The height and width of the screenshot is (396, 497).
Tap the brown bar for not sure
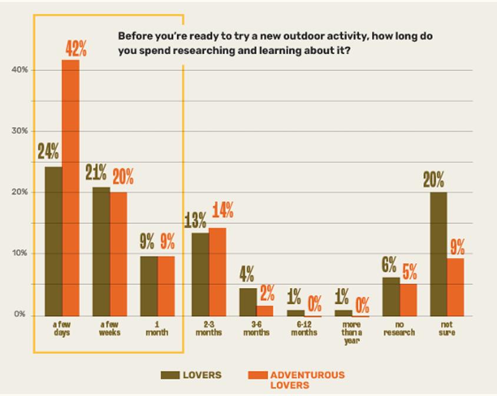(439, 253)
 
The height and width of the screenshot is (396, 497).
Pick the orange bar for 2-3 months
(218, 271)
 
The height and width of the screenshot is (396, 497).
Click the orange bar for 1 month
(166, 286)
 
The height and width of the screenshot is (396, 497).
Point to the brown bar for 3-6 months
(247, 301)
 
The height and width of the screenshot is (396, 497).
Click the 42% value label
(75, 49)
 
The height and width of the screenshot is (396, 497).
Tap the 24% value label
(48, 151)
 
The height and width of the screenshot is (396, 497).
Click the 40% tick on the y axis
(20, 70)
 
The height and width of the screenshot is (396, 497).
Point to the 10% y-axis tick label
(20, 253)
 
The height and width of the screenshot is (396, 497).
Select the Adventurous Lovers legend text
(307, 379)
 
